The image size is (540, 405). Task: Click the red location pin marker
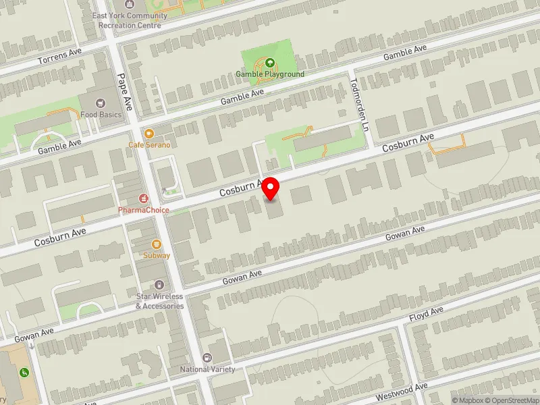(271, 188)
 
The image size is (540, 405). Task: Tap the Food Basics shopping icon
(101, 103)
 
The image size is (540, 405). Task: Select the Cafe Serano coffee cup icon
(149, 134)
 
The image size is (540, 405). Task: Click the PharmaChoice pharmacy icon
(143, 198)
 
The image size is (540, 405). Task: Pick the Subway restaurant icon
(157, 244)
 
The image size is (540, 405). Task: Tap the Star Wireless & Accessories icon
(159, 286)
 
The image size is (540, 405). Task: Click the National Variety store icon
(207, 358)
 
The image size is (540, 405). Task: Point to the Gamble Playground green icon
(270, 63)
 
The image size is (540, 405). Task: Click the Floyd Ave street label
(426, 312)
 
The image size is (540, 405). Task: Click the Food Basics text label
(101, 115)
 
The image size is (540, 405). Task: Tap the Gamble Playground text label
(270, 74)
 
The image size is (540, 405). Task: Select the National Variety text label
(207, 369)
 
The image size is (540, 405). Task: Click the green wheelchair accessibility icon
(24, 372)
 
